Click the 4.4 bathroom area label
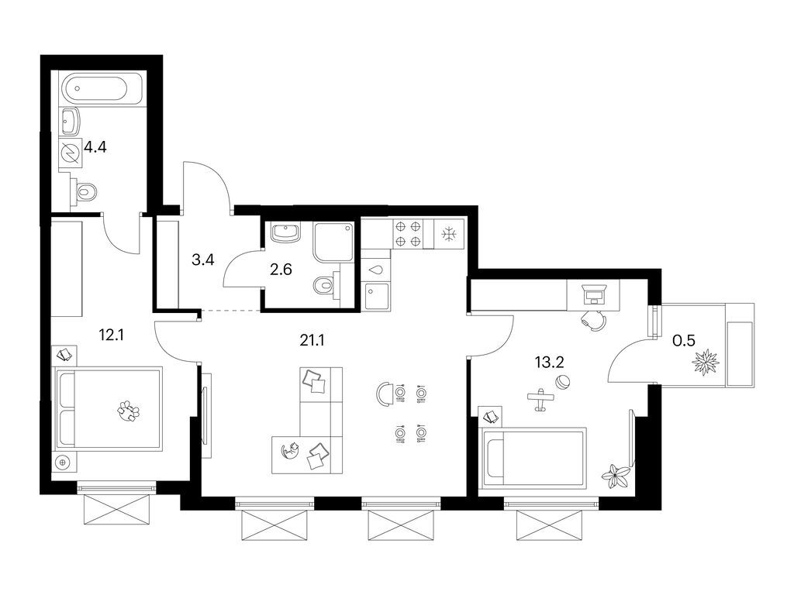pos(95,145)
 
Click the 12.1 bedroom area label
pos(112,336)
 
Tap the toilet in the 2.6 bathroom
pos(325,286)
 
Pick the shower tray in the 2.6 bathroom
pos(333,242)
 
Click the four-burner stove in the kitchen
pos(409,234)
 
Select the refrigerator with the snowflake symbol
pos(448,234)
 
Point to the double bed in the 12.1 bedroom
pos(109,408)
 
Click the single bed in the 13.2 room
pos(534,458)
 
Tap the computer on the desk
pos(595,293)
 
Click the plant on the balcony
pos(706,361)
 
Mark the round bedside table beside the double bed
pos(63,463)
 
